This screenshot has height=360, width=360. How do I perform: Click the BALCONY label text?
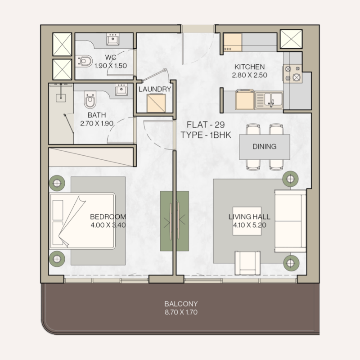click(x=181, y=304)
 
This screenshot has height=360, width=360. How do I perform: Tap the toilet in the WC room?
click(x=84, y=60)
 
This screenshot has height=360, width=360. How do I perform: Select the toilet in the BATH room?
click(x=90, y=100)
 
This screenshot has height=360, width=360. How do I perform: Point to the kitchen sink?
click(x=269, y=99)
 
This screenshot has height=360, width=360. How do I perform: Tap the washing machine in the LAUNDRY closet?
click(x=156, y=103)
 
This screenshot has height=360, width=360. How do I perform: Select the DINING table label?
click(x=264, y=147)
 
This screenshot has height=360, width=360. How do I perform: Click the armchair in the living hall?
click(x=247, y=263)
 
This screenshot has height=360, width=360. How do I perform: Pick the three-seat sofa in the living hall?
click(x=290, y=220)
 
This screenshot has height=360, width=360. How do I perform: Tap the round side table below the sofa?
click(x=291, y=261)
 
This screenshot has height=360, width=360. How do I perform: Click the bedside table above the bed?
click(x=57, y=182)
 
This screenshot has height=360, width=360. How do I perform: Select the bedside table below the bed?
click(x=57, y=258)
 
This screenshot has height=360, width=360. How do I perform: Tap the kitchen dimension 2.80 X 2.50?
click(x=249, y=75)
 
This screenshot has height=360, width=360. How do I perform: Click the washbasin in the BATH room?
click(x=120, y=90)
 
